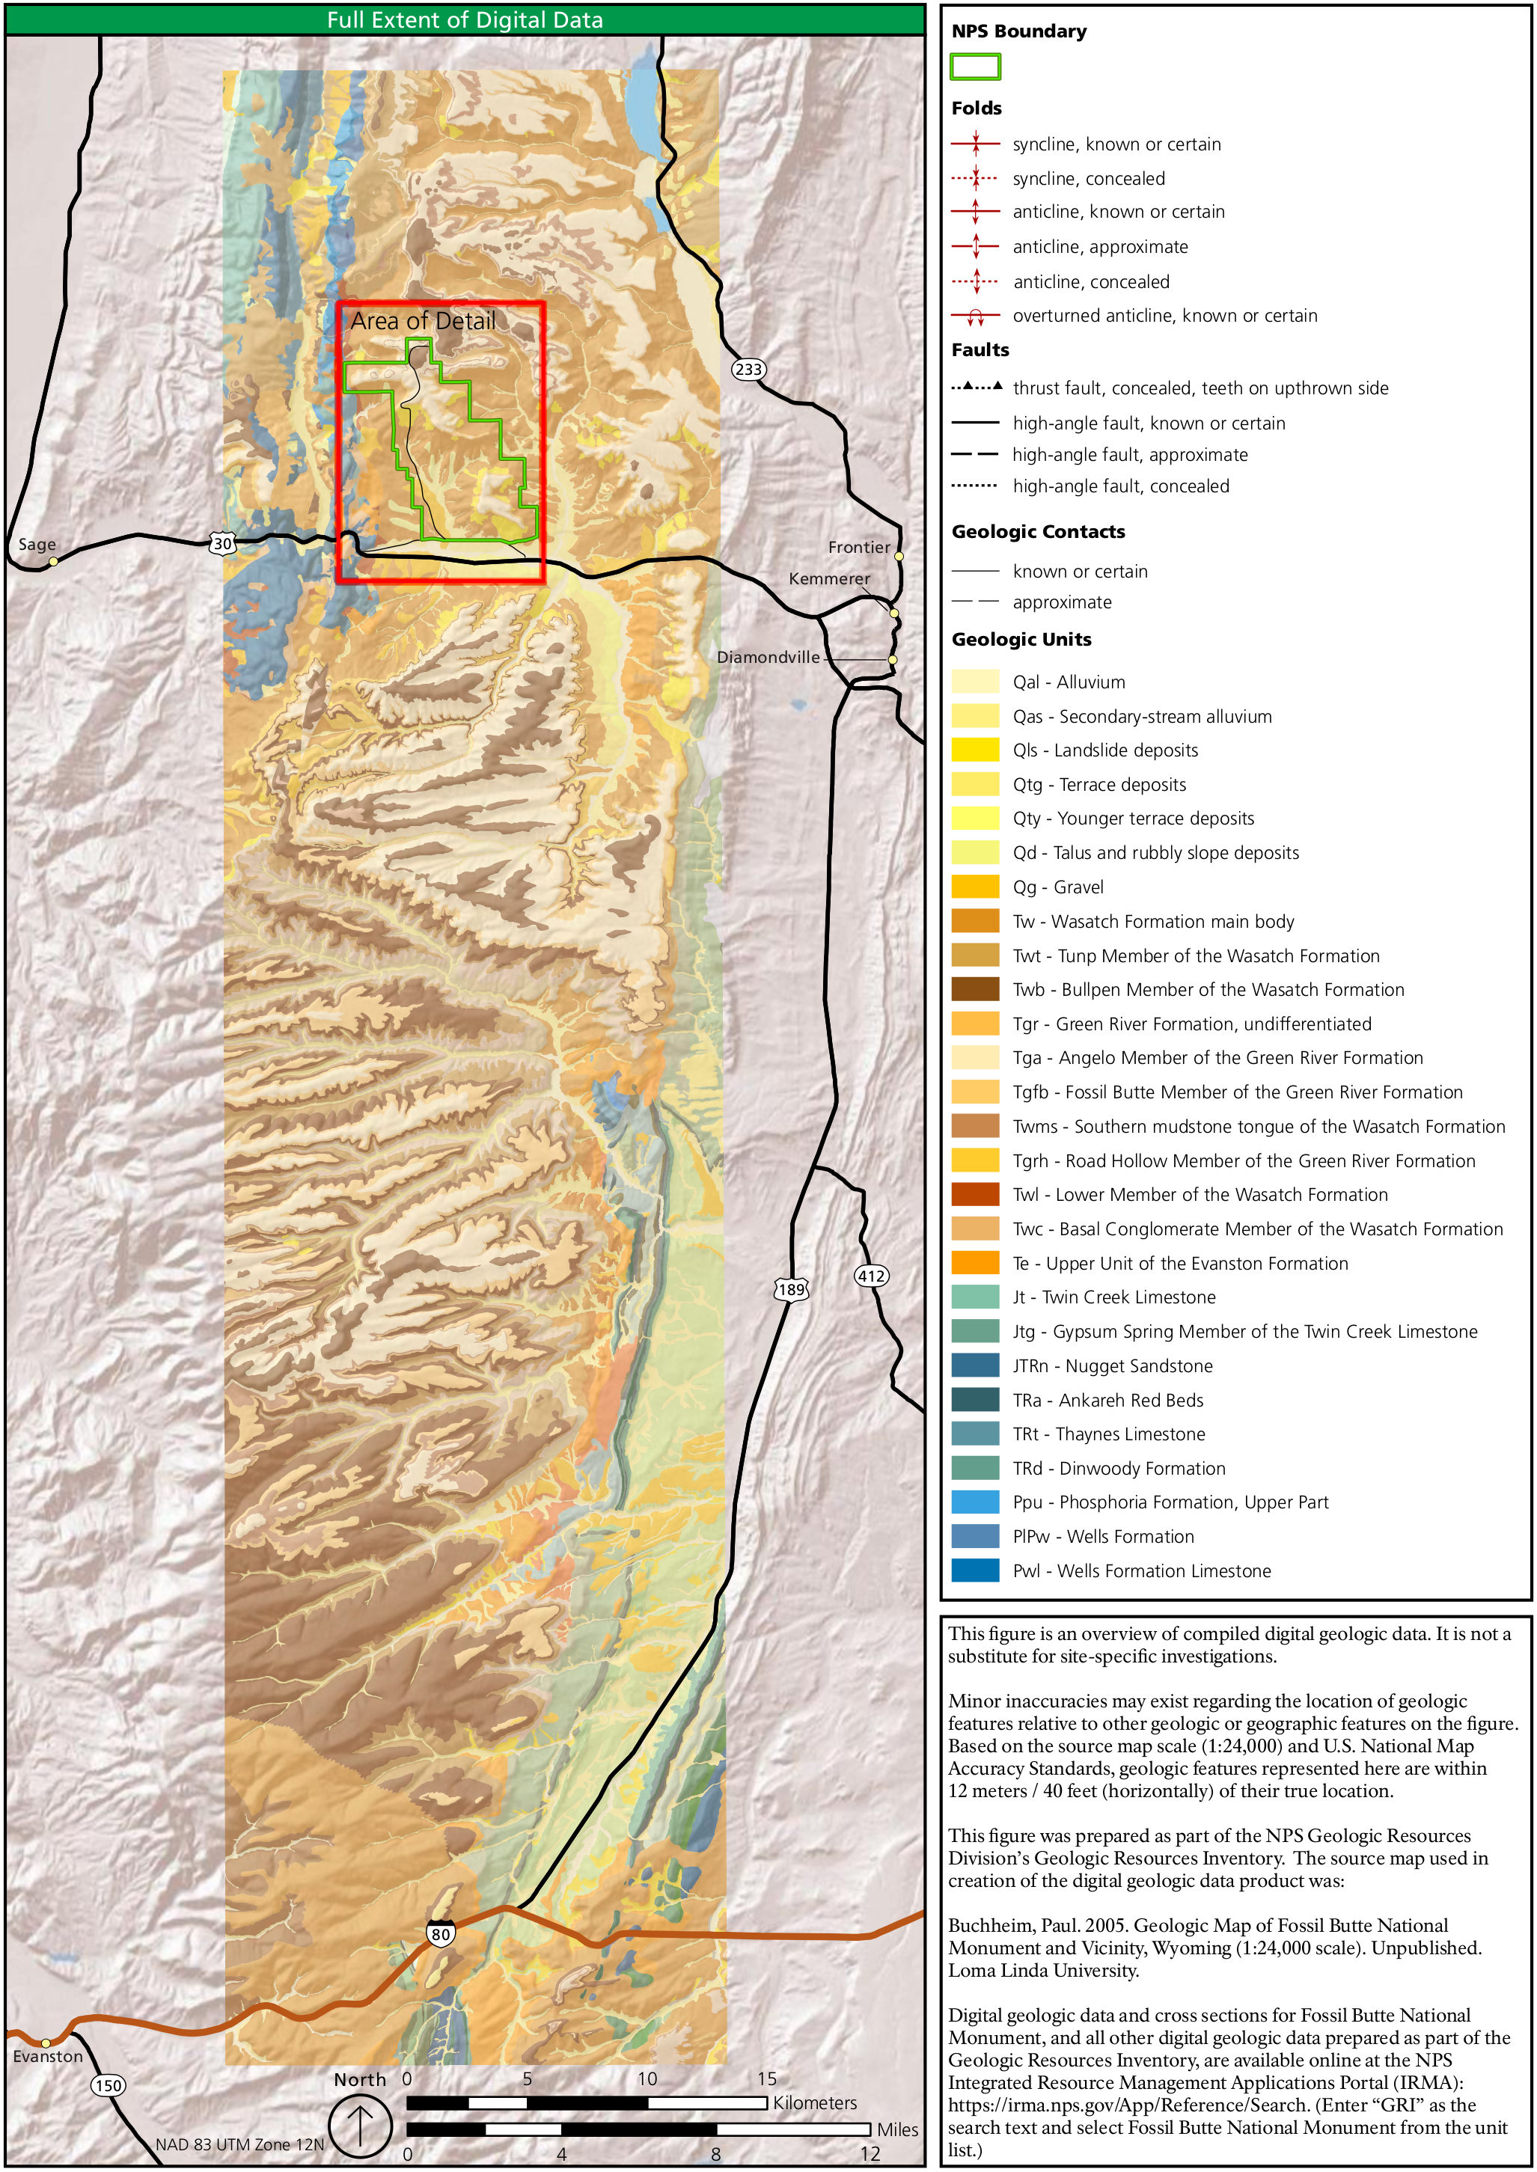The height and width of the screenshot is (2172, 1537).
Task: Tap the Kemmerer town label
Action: click(x=829, y=578)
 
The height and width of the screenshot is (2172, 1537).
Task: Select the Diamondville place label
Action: click(x=768, y=657)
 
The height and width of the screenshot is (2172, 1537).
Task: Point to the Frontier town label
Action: click(x=858, y=547)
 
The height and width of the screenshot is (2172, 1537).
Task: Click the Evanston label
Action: click(x=47, y=2057)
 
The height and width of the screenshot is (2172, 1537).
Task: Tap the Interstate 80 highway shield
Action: click(x=440, y=1933)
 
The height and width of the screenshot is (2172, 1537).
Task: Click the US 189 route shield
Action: click(x=791, y=1289)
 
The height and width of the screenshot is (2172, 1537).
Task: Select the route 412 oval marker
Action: click(x=871, y=1276)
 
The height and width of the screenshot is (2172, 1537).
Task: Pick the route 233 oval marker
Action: click(x=748, y=369)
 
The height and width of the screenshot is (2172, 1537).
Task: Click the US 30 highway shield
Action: click(x=221, y=543)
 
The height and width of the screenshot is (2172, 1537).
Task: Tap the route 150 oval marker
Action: click(x=109, y=2085)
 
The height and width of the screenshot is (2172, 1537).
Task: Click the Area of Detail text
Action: click(x=423, y=322)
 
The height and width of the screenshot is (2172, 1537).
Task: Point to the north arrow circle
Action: click(x=361, y=2126)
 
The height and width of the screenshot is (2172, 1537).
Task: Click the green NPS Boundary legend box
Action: click(x=975, y=67)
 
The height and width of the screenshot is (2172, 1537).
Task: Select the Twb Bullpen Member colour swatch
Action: click(x=975, y=989)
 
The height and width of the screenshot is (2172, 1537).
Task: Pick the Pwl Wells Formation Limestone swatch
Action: click(x=975, y=1570)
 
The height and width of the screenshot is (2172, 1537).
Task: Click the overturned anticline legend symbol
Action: click(x=975, y=316)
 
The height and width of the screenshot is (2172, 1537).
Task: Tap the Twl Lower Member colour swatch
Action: click(x=975, y=1194)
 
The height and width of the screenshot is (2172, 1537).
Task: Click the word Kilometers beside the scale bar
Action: click(x=814, y=2102)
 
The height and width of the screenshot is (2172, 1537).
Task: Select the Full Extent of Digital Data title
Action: click(x=465, y=20)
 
